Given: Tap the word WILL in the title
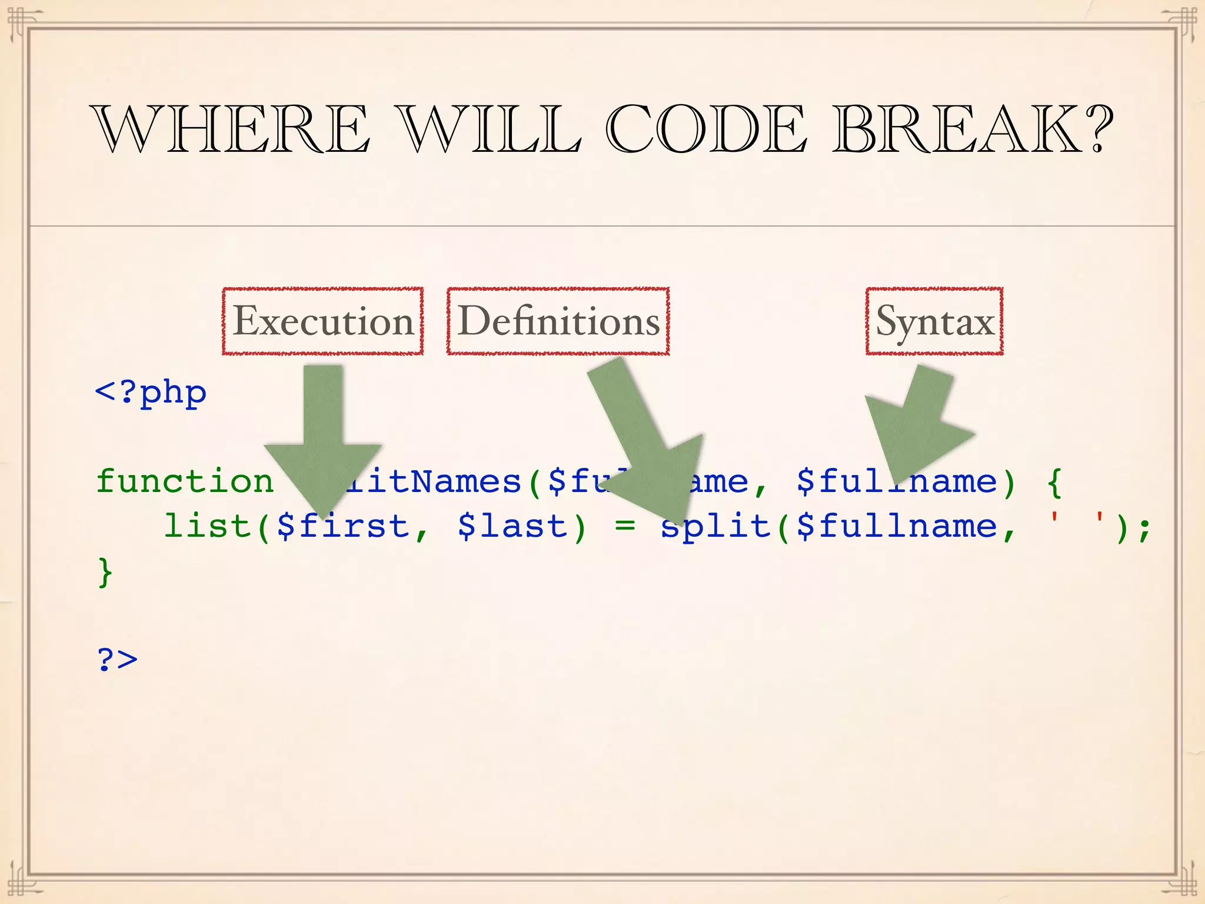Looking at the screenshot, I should (488, 129).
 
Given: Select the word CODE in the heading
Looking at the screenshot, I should (705, 129).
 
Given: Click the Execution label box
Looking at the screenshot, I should (322, 321).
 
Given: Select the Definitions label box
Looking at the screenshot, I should (558, 321).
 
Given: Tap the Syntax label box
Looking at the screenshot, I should (934, 321).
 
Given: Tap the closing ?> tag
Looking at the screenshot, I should (117, 659).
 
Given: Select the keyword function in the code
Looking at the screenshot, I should (185, 481).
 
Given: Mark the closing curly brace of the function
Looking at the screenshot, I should (105, 571).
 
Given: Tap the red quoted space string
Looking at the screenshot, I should (1077, 521).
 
